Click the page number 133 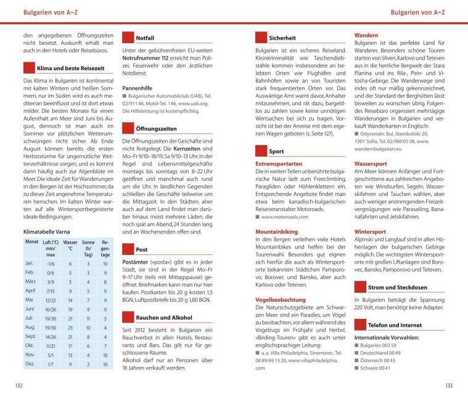coord(448,385)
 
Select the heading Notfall coord(145,38)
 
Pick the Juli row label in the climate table coord(30,318)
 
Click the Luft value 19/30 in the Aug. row coord(51,328)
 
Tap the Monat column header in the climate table coord(31,242)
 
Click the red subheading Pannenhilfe coord(140,88)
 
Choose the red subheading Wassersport coord(371,164)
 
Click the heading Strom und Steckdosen coord(398,288)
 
